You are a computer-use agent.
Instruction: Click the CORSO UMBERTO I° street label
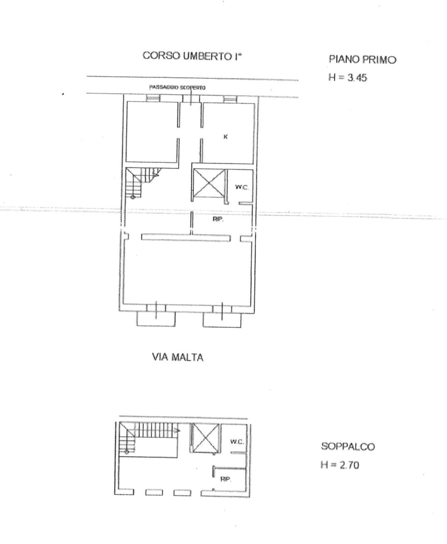click(192, 56)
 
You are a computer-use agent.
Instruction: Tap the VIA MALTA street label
click(178, 357)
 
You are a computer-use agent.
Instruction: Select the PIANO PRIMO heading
click(362, 60)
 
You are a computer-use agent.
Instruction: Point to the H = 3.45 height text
click(347, 78)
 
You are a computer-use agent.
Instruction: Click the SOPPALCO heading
click(348, 447)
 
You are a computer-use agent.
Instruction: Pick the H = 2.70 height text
click(340, 465)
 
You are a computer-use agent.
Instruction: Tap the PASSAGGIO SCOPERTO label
click(177, 88)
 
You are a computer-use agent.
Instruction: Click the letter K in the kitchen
click(226, 137)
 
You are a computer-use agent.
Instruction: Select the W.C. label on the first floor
click(242, 187)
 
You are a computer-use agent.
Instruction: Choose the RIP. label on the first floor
click(218, 219)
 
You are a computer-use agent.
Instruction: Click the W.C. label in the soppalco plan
click(237, 442)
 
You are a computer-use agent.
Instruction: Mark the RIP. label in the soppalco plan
click(226, 479)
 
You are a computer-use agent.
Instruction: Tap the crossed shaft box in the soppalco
click(206, 438)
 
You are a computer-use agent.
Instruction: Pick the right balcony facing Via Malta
click(222, 319)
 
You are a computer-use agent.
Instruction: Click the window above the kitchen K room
click(230, 99)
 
